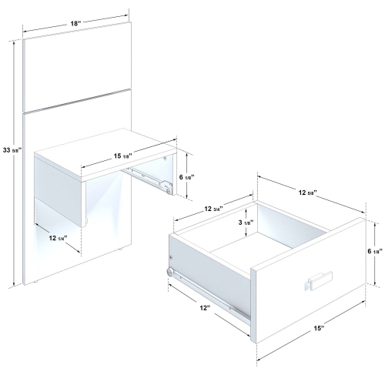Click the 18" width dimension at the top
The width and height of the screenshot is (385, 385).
75,24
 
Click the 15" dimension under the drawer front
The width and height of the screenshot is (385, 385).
318,329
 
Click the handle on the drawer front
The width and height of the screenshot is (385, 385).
318,279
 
